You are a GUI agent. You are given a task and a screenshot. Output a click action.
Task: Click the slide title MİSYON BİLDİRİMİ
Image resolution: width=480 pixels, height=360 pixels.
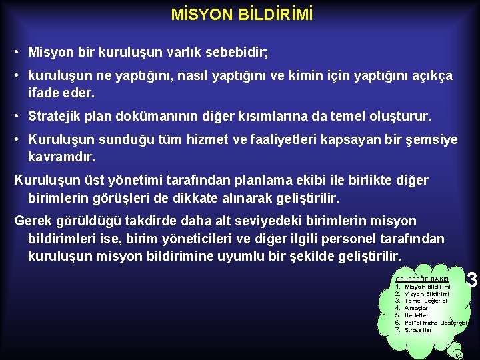[241, 15]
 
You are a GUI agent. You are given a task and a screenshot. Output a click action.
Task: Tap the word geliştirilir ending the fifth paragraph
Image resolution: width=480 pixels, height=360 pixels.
[303, 197]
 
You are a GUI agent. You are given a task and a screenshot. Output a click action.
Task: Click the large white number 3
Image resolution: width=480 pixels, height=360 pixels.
[473, 279]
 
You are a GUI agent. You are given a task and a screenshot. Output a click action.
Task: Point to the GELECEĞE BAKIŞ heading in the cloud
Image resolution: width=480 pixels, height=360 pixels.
[422, 279]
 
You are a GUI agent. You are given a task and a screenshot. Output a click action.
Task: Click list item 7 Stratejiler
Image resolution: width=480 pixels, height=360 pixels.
[418, 330]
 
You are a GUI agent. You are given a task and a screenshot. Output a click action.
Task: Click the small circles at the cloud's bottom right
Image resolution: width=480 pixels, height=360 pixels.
[457, 354]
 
